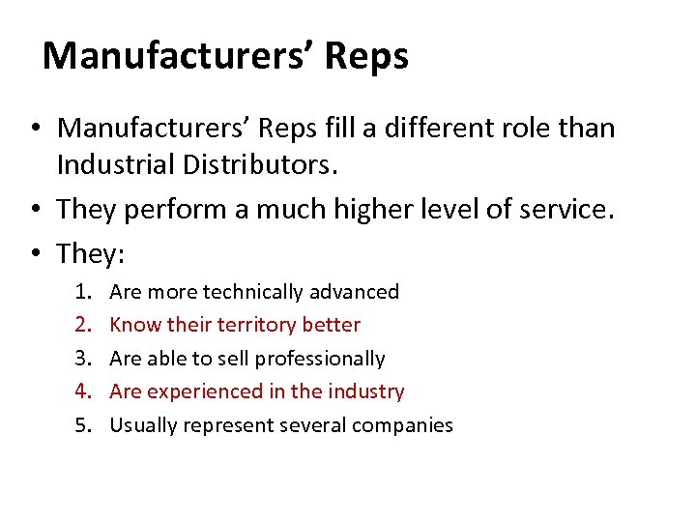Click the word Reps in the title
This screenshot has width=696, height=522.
pos(366,56)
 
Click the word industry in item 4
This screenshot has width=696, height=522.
pos(366,391)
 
